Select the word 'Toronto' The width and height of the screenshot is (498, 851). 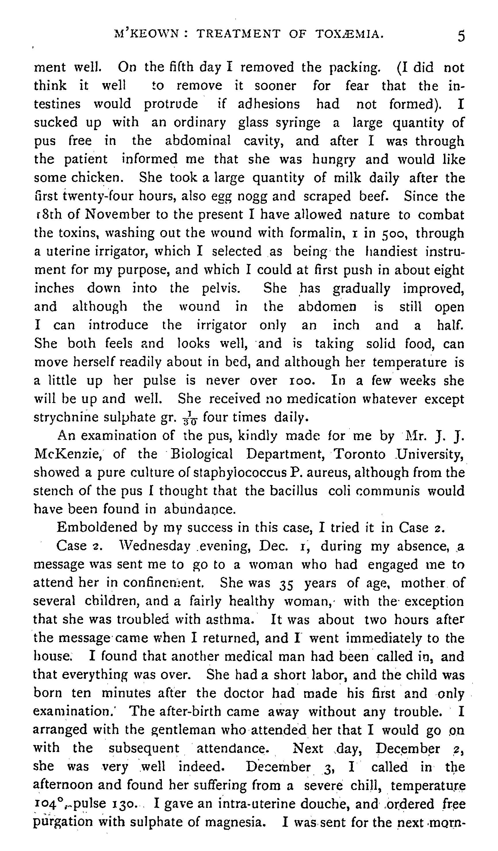[359, 455]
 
